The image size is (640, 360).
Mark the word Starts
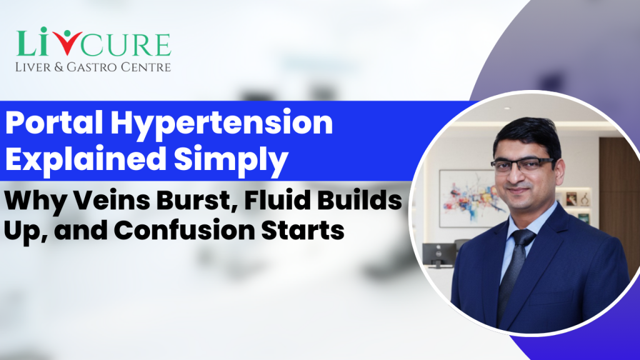coord(306,230)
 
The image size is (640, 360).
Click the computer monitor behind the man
coord(437,253)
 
